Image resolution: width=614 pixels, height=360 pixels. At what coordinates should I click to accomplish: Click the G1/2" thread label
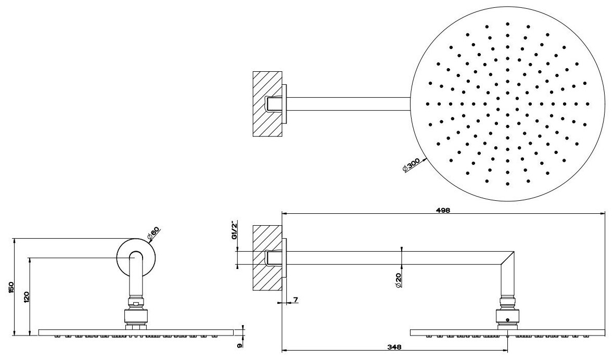point(235,230)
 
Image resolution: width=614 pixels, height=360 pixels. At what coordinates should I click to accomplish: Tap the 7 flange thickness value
point(296,300)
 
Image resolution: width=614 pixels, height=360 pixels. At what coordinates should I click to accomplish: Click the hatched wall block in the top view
point(266,104)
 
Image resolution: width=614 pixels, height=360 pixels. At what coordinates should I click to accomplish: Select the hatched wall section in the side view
point(266,258)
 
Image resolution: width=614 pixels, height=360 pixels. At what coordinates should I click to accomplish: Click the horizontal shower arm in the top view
point(349,104)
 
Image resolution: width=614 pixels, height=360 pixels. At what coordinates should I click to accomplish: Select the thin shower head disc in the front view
point(134,332)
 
